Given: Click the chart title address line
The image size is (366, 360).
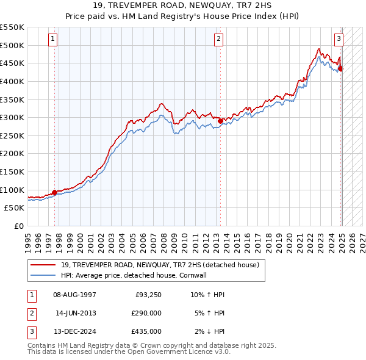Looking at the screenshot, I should pos(182,5).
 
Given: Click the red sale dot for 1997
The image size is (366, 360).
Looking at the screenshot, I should pos(55,192).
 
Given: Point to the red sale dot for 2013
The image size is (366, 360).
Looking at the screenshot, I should pos(220,121).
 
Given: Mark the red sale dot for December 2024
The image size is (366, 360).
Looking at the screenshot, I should pos(341,69).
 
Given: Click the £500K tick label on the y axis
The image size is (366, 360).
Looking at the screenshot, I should pos(12,45).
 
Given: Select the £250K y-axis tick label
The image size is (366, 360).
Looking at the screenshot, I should pos(12,135).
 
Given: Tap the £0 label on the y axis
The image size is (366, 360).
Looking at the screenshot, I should pos(19,226).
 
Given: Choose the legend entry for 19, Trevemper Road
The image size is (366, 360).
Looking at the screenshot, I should pos(160,265).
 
